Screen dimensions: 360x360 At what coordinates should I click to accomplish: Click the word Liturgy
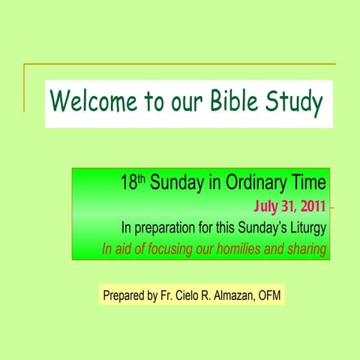coord(308,227)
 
